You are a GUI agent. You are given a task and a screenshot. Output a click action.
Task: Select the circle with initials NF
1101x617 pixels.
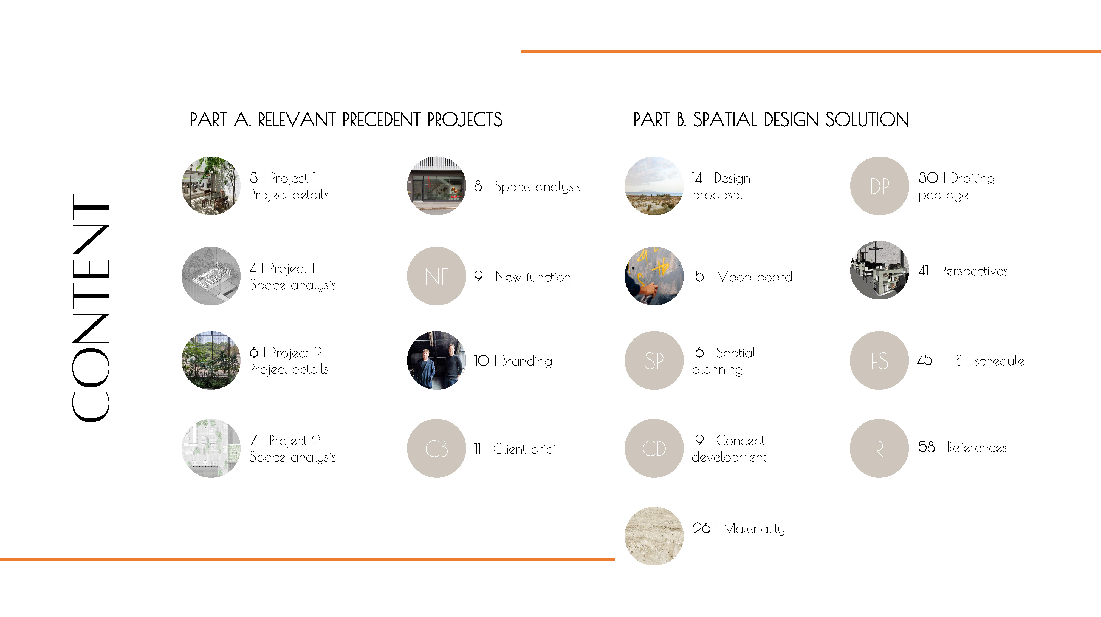point(436,276)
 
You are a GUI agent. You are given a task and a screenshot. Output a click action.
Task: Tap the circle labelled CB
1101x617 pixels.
point(436,448)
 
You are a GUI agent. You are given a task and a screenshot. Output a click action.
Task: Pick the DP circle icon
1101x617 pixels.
point(880,186)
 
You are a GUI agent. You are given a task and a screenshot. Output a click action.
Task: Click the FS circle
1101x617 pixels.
point(880,360)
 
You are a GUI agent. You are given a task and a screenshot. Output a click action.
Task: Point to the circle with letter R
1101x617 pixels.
point(880,448)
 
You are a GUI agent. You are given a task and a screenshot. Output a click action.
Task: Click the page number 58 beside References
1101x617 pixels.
point(926,447)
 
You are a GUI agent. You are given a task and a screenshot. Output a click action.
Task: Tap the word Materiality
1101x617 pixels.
point(754,529)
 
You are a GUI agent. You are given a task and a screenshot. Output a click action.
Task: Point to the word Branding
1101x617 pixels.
point(527,361)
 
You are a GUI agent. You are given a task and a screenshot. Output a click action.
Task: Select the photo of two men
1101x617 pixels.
point(436,360)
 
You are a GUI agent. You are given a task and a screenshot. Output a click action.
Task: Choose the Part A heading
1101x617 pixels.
point(346,120)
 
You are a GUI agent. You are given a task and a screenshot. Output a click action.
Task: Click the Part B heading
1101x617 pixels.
point(770,120)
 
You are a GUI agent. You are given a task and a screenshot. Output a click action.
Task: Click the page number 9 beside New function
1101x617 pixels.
point(478,276)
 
